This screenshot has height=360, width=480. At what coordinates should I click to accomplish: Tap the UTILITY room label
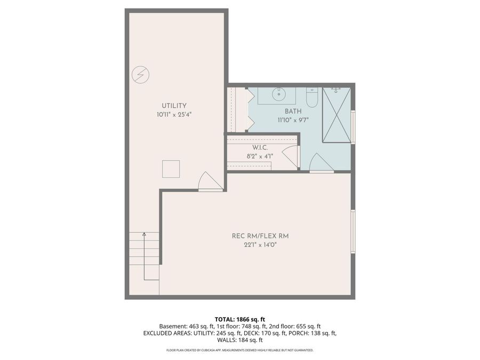[x=174, y=106]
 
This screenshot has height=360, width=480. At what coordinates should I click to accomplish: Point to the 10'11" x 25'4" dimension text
[x=174, y=115]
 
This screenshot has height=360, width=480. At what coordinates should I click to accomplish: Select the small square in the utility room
[x=171, y=169]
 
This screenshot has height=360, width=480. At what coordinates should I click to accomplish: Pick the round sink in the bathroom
[x=277, y=95]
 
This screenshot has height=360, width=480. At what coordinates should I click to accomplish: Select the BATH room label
[x=293, y=111]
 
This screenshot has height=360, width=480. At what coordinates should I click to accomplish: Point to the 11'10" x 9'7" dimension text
[x=293, y=120]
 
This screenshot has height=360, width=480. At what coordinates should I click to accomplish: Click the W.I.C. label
[x=260, y=148]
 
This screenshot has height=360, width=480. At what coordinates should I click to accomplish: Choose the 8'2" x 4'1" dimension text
[x=260, y=156]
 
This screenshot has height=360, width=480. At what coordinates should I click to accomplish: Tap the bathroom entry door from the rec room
[x=321, y=163]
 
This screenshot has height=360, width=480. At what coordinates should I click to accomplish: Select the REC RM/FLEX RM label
[x=261, y=236]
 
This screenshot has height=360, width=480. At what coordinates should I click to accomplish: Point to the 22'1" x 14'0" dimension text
[x=261, y=245]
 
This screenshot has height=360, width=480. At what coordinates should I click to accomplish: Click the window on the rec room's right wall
[x=353, y=231]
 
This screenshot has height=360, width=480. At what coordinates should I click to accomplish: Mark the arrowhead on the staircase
[x=144, y=234]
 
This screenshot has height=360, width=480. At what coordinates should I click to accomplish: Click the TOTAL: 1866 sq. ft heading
[x=239, y=319]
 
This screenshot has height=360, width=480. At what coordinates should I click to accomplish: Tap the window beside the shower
[x=353, y=127]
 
